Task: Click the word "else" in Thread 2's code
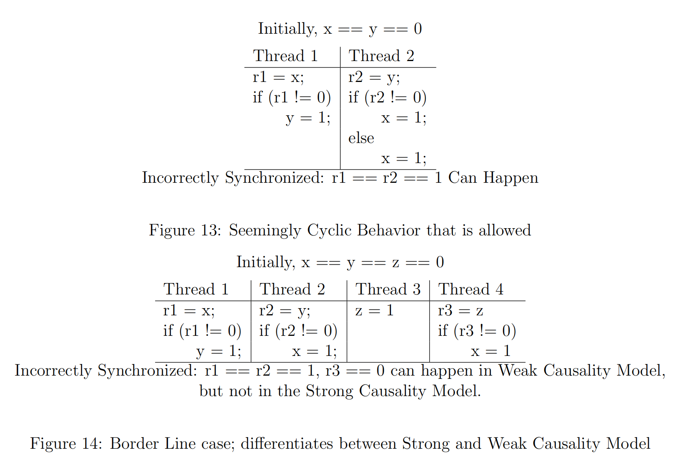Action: (361, 138)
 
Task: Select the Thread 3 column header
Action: (388, 289)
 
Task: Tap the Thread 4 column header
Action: (470, 289)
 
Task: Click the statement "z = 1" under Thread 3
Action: (374, 310)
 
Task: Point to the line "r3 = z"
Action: (460, 310)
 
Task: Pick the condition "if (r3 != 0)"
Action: (477, 331)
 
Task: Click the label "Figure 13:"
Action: (185, 230)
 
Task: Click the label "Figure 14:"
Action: (66, 444)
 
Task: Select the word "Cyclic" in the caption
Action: (329, 230)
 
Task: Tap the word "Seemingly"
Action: (265, 231)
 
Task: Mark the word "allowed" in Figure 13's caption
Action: (505, 230)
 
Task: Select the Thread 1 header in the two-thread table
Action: (285, 56)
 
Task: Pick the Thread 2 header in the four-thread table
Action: (292, 289)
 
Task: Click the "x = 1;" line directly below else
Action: (403, 158)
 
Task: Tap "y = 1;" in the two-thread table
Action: (308, 118)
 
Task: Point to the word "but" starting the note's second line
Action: (211, 391)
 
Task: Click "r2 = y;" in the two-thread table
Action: (374, 77)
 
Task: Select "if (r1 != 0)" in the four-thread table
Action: (202, 331)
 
